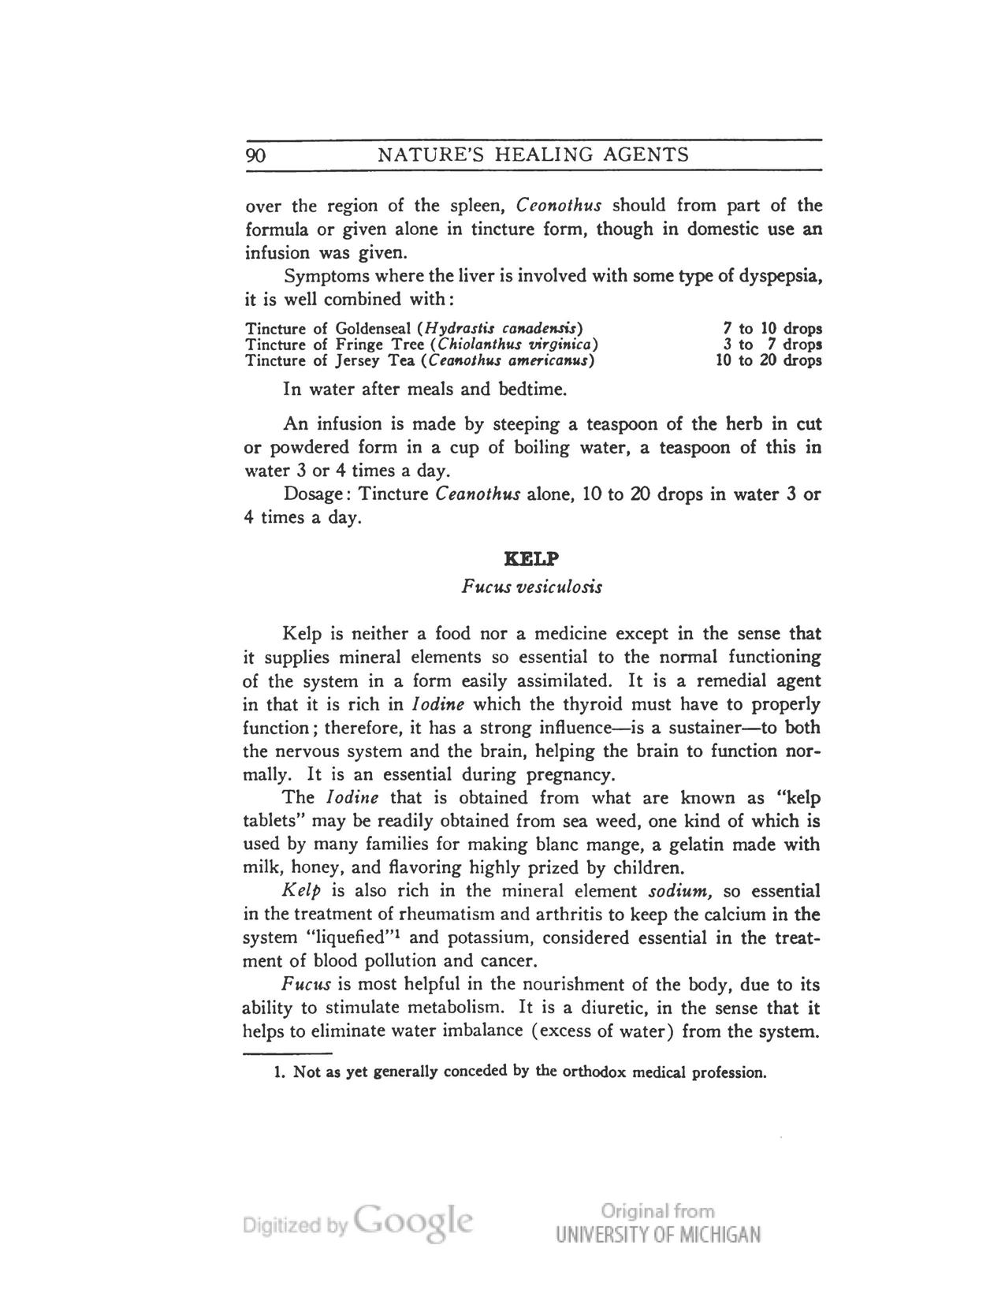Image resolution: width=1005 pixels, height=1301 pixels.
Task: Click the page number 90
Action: (x=255, y=155)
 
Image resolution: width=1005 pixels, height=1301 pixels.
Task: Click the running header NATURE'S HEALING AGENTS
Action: (x=534, y=155)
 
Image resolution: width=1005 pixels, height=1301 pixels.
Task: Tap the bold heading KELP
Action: (x=532, y=559)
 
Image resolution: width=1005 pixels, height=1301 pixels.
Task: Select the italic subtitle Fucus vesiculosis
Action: (x=532, y=587)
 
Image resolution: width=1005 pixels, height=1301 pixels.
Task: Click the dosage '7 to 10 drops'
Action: (x=772, y=328)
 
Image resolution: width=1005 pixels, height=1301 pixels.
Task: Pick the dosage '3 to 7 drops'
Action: (x=772, y=345)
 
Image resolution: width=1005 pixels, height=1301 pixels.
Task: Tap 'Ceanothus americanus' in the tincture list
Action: (x=508, y=361)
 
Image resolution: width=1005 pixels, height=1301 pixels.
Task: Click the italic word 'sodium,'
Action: (x=681, y=892)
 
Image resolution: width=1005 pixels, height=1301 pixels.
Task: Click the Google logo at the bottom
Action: (x=413, y=1222)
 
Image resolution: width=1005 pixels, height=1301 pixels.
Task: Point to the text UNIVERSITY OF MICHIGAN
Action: (x=658, y=1235)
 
